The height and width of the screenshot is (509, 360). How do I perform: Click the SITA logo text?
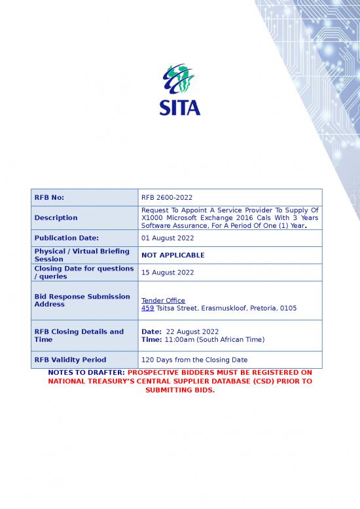(180, 106)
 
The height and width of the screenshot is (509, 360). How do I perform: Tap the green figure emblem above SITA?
(179, 79)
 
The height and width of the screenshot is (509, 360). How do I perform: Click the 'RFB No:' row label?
(49, 197)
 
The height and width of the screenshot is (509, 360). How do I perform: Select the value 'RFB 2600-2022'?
(167, 197)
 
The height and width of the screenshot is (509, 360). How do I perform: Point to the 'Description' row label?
(56, 217)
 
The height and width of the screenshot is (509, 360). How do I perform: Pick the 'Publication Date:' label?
(66, 238)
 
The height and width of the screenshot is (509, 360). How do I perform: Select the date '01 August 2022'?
(168, 238)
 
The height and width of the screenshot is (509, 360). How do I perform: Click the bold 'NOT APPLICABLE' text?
(173, 255)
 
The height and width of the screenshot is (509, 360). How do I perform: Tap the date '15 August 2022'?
(168, 273)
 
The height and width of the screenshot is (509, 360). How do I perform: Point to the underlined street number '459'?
(147, 308)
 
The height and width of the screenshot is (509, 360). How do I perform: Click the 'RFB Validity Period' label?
(70, 360)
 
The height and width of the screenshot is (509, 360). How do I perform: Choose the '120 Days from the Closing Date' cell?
(194, 360)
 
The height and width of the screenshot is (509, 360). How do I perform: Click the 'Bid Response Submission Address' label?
(82, 300)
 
